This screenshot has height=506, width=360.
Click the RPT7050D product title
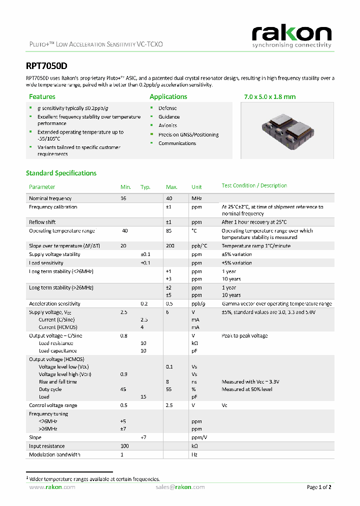pos(46,65)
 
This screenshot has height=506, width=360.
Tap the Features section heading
pos(42,96)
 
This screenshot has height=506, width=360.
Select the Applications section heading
pos(168,96)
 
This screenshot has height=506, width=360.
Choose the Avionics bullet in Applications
pos(167,125)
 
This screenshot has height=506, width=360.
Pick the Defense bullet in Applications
pos(167,108)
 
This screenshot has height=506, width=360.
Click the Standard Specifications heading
pos(61,173)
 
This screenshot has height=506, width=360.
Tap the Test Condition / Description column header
pos(254,185)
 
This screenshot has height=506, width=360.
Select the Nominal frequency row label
pos(50,198)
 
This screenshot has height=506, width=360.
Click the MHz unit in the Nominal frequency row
pos(196,198)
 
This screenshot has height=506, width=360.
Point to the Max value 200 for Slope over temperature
pos(170,246)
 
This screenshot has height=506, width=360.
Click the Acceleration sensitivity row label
pos(54,303)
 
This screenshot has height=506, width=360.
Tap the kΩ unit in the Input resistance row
pos(194,446)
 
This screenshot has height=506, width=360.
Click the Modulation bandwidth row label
pos(54,454)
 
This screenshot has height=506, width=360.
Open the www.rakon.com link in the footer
pos(49,487)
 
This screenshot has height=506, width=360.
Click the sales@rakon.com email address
pos(180,487)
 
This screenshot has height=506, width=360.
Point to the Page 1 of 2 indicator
pos(318,487)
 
